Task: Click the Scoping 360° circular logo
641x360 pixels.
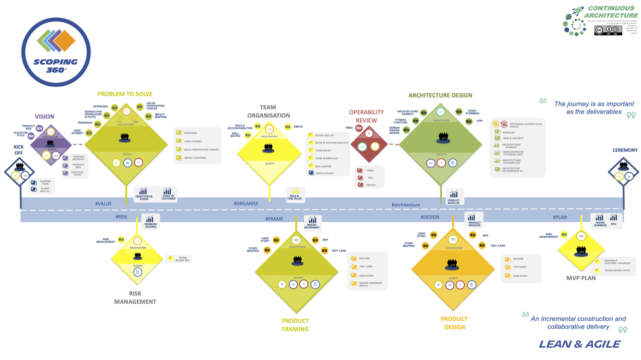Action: pyautogui.click(x=56, y=52)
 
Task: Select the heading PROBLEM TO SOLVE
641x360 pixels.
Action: pyautogui.click(x=125, y=94)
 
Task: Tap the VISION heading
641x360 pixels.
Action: pyautogui.click(x=44, y=117)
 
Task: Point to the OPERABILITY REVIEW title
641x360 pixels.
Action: pyautogui.click(x=366, y=116)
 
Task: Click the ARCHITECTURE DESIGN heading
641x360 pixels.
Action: pyautogui.click(x=440, y=95)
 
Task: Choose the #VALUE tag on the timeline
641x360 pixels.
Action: pyautogui.click(x=103, y=204)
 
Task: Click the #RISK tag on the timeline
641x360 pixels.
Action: pyautogui.click(x=121, y=217)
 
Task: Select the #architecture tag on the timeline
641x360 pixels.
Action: pyautogui.click(x=406, y=205)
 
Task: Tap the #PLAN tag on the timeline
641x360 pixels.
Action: pyautogui.click(x=560, y=217)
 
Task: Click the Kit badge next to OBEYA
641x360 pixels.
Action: pyautogui.click(x=288, y=127)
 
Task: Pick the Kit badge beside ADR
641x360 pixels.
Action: pyautogui.click(x=469, y=121)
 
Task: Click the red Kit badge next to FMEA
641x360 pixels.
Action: pyautogui.click(x=359, y=128)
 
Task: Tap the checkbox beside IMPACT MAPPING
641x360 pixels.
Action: pyautogui.click(x=179, y=158)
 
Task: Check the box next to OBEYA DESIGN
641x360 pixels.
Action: pyautogui.click(x=311, y=173)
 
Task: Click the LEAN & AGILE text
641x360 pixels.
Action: pyautogui.click(x=579, y=344)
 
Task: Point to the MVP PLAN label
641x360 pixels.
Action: pyautogui.click(x=581, y=278)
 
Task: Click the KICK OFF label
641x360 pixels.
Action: pyautogui.click(x=19, y=150)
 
